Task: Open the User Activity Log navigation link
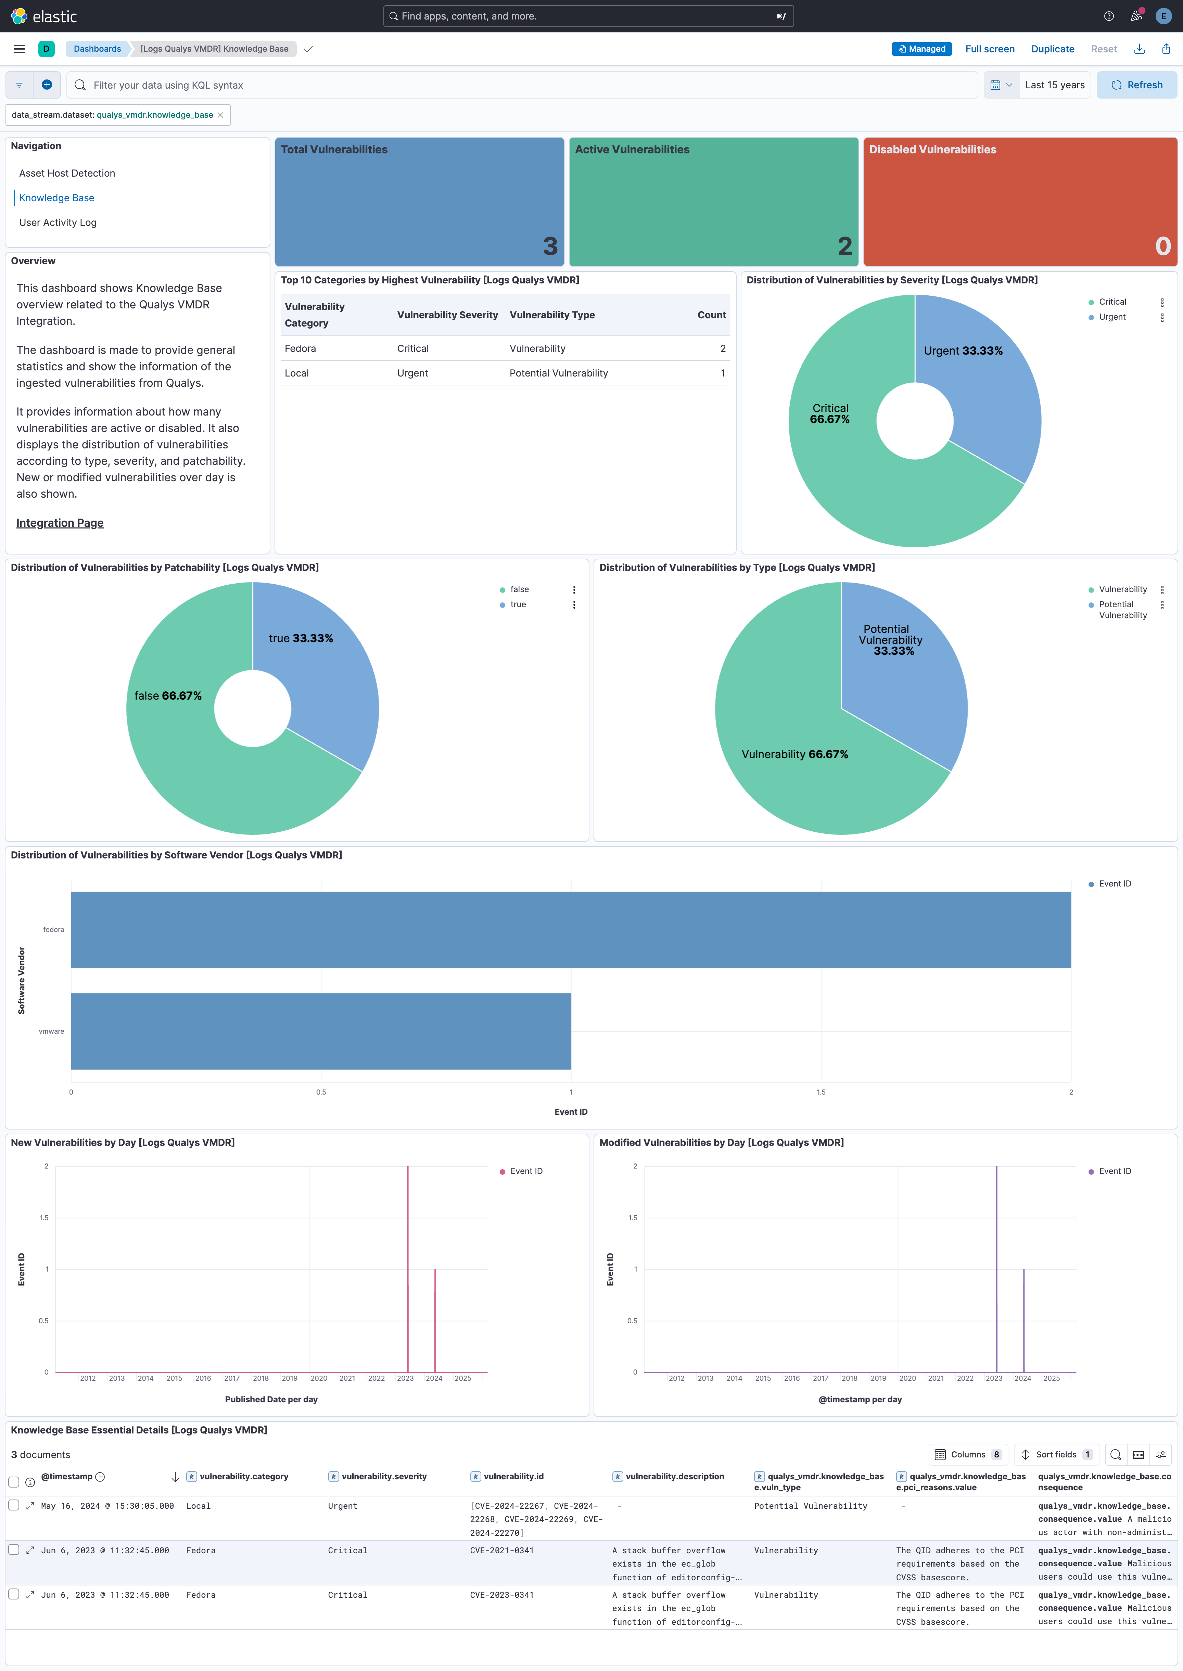tap(58, 223)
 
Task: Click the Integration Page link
tap(60, 523)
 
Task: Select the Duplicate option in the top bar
tap(1052, 49)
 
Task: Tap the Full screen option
tap(989, 49)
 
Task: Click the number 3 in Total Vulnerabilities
tap(550, 246)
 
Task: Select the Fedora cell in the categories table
tap(300, 349)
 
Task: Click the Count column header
tap(711, 315)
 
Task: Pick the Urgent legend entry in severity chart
tap(1111, 317)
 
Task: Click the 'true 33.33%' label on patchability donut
tap(301, 638)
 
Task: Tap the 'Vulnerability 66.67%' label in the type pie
tap(794, 755)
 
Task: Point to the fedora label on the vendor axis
tap(53, 930)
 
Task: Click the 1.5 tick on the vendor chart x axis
tap(821, 1092)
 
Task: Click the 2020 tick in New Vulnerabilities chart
tap(318, 1378)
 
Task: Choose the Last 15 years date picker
tap(1054, 85)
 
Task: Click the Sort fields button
tap(1056, 1455)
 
